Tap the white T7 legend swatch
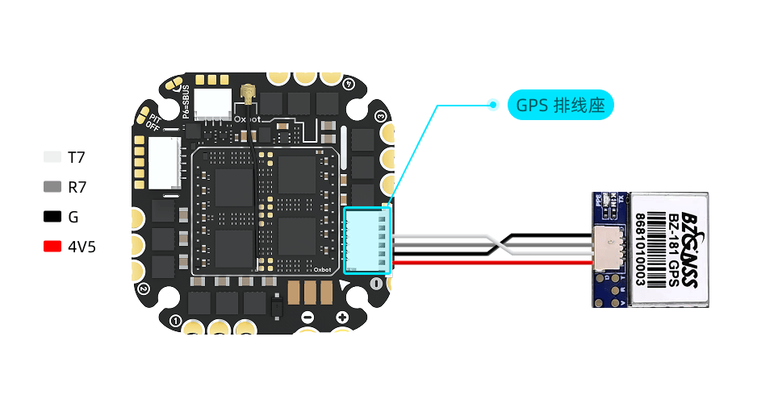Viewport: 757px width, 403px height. click(52, 157)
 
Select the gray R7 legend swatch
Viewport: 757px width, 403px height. click(52, 187)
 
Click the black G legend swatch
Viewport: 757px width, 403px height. click(52, 217)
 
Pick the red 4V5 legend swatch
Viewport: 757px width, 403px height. click(52, 247)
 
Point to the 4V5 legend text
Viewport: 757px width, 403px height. click(82, 247)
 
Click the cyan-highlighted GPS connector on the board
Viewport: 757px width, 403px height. click(366, 239)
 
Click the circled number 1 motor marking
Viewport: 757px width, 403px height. click(176, 321)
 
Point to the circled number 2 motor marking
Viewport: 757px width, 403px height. click(143, 288)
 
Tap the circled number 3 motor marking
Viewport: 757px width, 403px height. click(380, 115)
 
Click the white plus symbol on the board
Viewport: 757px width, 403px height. click(341, 316)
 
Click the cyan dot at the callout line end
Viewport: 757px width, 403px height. click(492, 104)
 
